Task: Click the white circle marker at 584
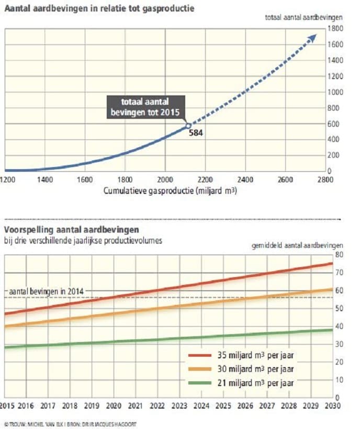[188, 126]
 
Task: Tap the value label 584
[196, 134]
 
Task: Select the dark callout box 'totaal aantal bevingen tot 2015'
[145, 107]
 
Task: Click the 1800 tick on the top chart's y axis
[335, 28]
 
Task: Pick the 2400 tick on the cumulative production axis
[245, 179]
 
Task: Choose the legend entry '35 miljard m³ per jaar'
[241, 356]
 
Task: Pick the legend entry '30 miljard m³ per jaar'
[241, 369]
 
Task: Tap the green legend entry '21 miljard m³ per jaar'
[241, 383]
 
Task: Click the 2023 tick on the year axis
[179, 405]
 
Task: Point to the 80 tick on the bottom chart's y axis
[339, 255]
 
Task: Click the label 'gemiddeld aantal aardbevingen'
[297, 245]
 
